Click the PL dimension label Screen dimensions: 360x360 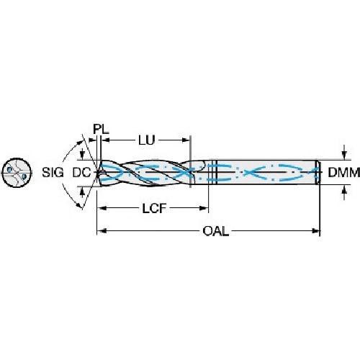click(102, 130)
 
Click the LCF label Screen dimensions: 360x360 click(150, 208)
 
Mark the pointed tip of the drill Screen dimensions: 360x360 click(96, 173)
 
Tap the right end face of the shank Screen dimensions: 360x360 click(319, 173)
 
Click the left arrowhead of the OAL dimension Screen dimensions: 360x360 click(101, 231)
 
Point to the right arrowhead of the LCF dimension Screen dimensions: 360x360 click(204, 208)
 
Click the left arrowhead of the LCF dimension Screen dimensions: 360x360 click(101, 208)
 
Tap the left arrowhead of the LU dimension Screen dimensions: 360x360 click(102, 138)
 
